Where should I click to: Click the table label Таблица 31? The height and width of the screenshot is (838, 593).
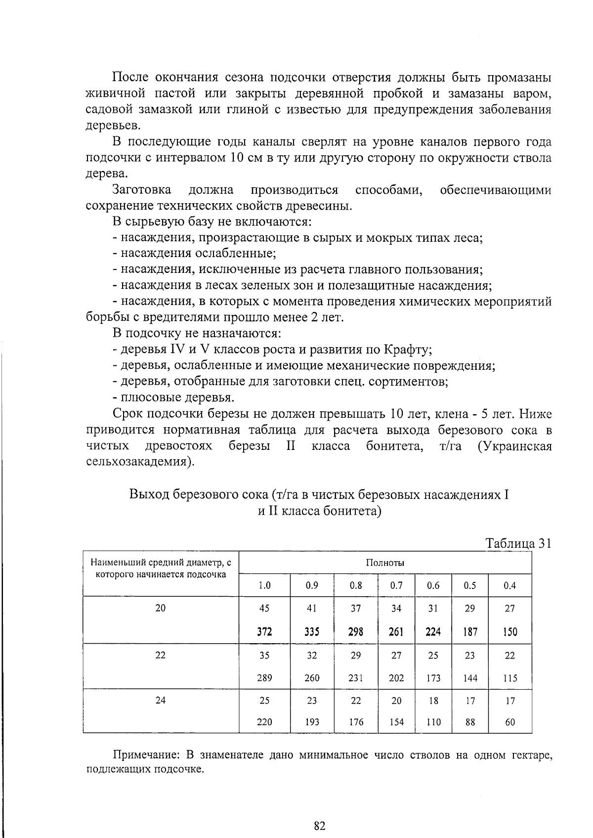(518, 543)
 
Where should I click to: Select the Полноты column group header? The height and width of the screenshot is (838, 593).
(385, 563)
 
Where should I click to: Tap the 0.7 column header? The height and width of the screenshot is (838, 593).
(396, 586)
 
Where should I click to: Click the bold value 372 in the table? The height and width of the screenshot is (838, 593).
(264, 632)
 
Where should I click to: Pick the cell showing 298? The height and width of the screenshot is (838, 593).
(356, 632)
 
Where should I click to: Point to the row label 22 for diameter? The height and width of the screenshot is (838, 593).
(161, 656)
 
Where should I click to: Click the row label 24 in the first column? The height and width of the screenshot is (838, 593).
(161, 701)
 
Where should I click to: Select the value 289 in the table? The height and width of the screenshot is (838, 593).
(264, 678)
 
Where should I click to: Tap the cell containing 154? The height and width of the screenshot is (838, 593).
(396, 722)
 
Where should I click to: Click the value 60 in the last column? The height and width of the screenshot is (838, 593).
(510, 722)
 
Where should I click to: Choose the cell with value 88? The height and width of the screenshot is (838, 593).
(470, 722)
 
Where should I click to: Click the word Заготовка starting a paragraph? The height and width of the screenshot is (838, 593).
(142, 190)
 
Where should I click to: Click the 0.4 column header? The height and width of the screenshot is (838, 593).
(510, 586)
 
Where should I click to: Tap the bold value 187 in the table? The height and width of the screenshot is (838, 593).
(470, 632)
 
